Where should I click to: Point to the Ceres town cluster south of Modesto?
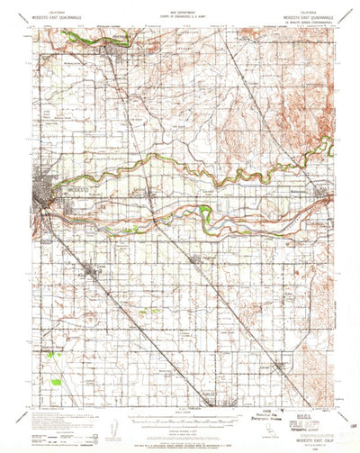pos(93,268)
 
